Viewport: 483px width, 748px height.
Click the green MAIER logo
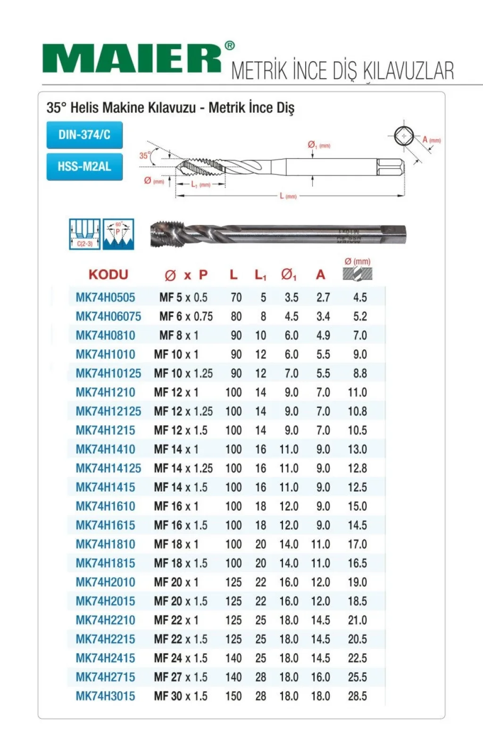tap(132, 59)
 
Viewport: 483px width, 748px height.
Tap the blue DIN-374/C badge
tap(84, 135)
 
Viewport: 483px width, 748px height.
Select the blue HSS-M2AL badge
tap(84, 166)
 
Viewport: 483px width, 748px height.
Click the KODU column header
tap(108, 274)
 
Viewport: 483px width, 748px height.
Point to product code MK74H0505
tap(105, 297)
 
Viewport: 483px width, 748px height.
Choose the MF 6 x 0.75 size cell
tap(186, 316)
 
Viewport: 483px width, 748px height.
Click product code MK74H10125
tap(108, 374)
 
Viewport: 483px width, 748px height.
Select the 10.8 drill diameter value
tap(358, 411)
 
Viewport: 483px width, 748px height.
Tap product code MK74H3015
tap(105, 696)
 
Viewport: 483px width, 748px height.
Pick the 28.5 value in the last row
tap(358, 696)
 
